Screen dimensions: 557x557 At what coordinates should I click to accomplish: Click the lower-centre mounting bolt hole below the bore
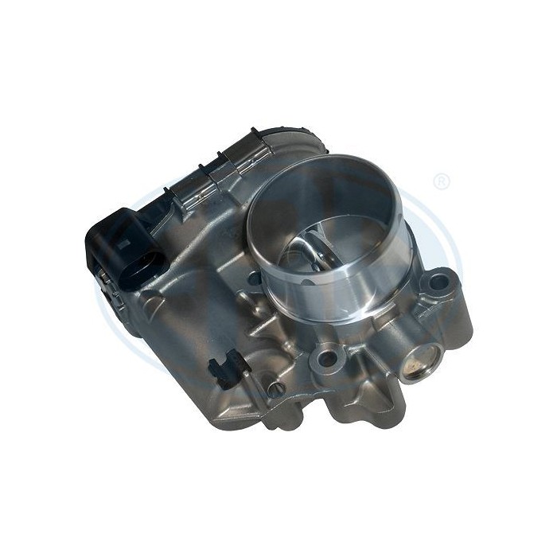click(326, 358)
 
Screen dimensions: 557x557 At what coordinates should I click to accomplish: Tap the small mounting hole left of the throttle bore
click(254, 278)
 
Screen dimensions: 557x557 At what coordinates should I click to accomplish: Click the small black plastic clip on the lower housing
click(224, 368)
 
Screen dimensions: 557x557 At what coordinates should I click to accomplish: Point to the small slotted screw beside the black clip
click(275, 389)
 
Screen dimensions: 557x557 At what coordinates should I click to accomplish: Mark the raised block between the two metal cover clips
click(219, 175)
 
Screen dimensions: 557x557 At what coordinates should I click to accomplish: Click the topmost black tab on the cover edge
click(253, 129)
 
